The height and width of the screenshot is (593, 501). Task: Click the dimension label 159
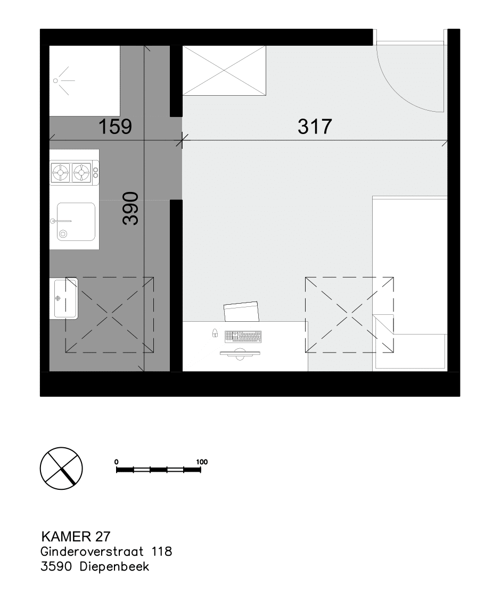click(115, 127)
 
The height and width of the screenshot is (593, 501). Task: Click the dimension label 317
click(315, 127)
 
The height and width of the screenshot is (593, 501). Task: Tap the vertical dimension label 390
click(130, 208)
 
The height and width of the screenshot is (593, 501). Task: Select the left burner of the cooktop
click(60, 173)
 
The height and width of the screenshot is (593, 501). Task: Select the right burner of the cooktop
click(81, 173)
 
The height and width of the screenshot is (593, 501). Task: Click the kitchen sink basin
click(76, 222)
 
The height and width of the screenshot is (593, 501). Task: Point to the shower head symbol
click(62, 80)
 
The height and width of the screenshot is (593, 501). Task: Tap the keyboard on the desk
click(243, 337)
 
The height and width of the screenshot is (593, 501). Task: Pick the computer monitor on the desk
click(240, 355)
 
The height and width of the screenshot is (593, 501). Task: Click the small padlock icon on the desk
click(215, 333)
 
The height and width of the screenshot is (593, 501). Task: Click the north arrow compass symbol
click(61, 469)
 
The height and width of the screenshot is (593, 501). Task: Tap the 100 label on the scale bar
click(202, 462)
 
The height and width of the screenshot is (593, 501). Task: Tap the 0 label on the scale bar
click(116, 462)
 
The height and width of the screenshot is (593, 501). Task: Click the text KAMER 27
click(76, 536)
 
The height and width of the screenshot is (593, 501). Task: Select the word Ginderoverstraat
click(92, 552)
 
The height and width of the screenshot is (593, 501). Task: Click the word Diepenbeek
click(115, 567)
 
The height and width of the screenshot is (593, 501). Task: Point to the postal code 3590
click(56, 567)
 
